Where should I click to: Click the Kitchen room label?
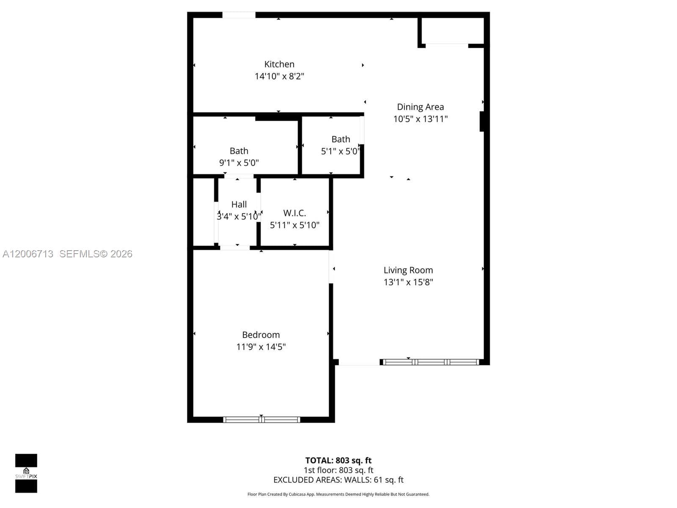pyautogui.click(x=279, y=64)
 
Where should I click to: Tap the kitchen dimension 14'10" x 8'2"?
pyautogui.click(x=279, y=76)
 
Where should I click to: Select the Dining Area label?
pyautogui.click(x=420, y=107)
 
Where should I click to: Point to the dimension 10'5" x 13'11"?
pyautogui.click(x=420, y=119)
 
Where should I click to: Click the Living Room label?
pyautogui.click(x=408, y=270)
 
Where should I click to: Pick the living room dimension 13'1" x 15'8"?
pyautogui.click(x=408, y=282)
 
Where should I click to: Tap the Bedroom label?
pyautogui.click(x=261, y=335)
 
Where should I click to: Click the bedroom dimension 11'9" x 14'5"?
pyautogui.click(x=261, y=347)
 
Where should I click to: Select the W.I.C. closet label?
pyautogui.click(x=294, y=213)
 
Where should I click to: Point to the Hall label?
pyautogui.click(x=239, y=204)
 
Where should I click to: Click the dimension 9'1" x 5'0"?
pyautogui.click(x=239, y=163)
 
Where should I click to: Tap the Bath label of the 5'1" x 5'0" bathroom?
pyautogui.click(x=341, y=139)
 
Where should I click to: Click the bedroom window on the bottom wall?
pyautogui.click(x=261, y=420)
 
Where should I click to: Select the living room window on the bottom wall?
pyautogui.click(x=431, y=362)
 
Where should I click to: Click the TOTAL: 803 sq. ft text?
pyautogui.click(x=338, y=460)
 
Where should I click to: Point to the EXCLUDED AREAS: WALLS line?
pyautogui.click(x=338, y=480)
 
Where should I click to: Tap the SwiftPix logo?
pyautogui.click(x=26, y=473)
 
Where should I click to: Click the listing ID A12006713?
pyautogui.click(x=28, y=254)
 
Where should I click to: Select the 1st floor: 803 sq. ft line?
pyautogui.click(x=338, y=470)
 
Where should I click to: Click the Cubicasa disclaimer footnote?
pyautogui.click(x=338, y=494)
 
